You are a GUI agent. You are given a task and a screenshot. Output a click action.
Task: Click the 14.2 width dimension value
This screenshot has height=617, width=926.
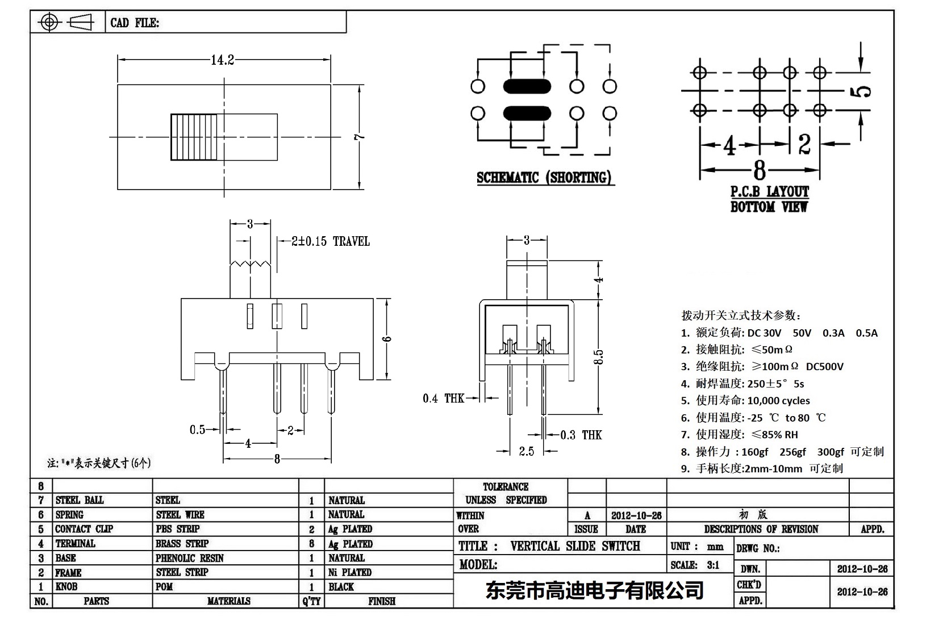(222, 60)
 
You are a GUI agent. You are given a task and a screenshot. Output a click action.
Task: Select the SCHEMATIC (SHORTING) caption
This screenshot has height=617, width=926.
(544, 178)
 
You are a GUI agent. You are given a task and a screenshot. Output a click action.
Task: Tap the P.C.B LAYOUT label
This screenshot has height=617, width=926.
(769, 192)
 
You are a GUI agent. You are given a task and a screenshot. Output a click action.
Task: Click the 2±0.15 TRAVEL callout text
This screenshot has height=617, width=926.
(330, 242)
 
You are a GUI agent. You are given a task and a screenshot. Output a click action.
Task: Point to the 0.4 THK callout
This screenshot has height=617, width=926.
(443, 398)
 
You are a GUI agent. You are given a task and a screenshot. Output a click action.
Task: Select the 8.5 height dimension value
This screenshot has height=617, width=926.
(598, 356)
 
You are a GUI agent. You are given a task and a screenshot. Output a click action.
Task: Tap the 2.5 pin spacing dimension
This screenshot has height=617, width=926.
(526, 451)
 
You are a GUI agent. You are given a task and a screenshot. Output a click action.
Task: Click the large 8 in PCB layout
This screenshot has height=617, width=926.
(760, 170)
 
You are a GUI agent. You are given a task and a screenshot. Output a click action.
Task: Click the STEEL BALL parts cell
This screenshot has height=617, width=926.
(80, 500)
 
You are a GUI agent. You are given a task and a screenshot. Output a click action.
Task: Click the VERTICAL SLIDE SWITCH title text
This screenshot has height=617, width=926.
(575, 546)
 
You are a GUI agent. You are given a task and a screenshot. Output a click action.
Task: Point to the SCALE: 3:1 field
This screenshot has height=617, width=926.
(694, 565)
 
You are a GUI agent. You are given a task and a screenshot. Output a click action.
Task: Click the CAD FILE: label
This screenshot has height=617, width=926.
(135, 23)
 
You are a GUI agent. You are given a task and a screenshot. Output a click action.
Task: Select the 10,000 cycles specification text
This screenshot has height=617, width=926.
(778, 401)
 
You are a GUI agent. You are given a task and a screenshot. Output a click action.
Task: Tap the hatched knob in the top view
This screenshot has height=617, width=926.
(194, 137)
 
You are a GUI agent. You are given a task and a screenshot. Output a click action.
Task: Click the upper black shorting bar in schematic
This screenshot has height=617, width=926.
(527, 86)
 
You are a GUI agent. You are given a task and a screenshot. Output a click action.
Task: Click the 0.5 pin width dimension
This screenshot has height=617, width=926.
(197, 430)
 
